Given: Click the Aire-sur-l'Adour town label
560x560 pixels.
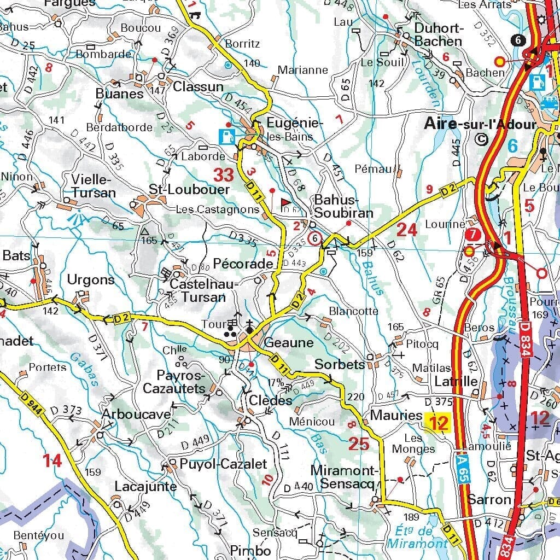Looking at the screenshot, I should pyautogui.click(x=481, y=125).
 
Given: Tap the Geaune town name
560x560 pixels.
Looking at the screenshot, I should pyautogui.click(x=289, y=343).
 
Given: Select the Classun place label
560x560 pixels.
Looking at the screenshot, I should pyautogui.click(x=199, y=86).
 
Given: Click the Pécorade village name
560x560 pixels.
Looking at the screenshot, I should pyautogui.click(x=243, y=264).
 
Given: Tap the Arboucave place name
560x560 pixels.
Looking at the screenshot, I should pyautogui.click(x=136, y=415).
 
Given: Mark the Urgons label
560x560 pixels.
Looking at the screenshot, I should pyautogui.click(x=91, y=280).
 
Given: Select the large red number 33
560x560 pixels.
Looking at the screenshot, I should pyautogui.click(x=224, y=176).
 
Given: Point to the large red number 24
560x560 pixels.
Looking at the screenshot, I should pyautogui.click(x=407, y=230).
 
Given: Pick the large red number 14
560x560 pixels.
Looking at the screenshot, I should pyautogui.click(x=52, y=461).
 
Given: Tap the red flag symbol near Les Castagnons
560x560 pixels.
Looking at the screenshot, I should pyautogui.click(x=285, y=202).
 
